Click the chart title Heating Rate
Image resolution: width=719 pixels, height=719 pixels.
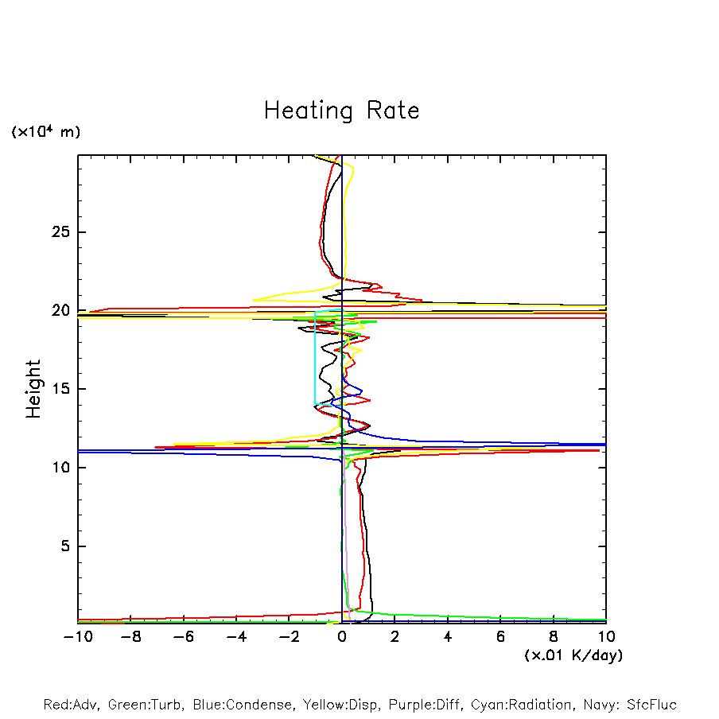(x=341, y=111)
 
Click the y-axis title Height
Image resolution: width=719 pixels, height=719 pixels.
(x=33, y=389)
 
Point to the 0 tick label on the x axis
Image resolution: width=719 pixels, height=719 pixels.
(x=342, y=636)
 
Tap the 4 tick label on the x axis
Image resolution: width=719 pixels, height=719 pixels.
(x=448, y=636)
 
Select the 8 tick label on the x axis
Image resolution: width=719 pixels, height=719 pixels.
(x=554, y=636)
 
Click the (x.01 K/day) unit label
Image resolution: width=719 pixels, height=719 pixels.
(x=573, y=655)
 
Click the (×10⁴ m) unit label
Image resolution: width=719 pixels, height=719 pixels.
(x=45, y=132)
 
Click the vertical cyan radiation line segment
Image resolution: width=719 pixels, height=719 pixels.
(x=315, y=358)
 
